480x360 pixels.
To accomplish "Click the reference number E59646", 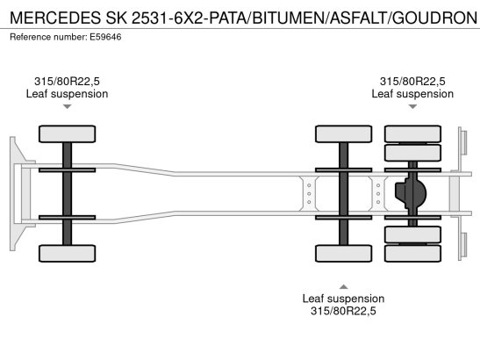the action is coord(105,37).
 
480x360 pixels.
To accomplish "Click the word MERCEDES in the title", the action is coord(55,18).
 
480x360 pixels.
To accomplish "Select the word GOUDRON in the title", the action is coord(434,18).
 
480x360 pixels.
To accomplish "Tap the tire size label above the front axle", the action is coord(67,81).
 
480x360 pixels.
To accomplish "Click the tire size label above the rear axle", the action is coord(412,81).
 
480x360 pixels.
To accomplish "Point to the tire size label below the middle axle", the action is coord(343,311).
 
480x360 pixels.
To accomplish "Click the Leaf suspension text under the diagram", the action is coord(343,299).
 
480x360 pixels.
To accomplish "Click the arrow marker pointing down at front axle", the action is coord(67,106).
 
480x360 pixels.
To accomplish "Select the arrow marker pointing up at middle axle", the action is coord(343,286).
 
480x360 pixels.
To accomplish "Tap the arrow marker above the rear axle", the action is coord(412,106).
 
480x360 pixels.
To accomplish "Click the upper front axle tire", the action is coord(67,133).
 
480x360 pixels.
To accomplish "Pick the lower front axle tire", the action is coord(67,254).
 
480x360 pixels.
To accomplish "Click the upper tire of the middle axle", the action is coord(343,133).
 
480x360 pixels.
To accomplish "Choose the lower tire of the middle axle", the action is coord(343,254).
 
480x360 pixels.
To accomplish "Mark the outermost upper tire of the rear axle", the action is coord(412,133).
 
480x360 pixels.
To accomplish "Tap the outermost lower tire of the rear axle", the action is coord(412,254).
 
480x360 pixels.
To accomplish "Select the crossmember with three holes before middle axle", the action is coord(309,194).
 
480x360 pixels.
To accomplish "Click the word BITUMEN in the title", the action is coord(290,18).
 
